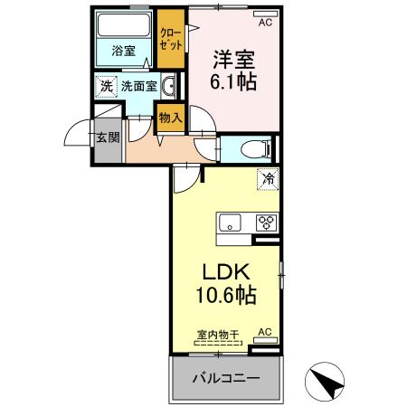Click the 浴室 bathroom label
tap(124, 52)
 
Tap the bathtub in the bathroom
tap(124, 26)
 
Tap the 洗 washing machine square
tap(107, 86)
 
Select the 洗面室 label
tap(139, 86)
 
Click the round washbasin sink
tap(169, 87)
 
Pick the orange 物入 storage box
tap(170, 117)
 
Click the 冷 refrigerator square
tap(268, 179)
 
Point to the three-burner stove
tap(267, 221)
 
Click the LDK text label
tap(224, 272)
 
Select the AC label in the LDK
tap(264, 333)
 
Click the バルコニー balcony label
tap(225, 377)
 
